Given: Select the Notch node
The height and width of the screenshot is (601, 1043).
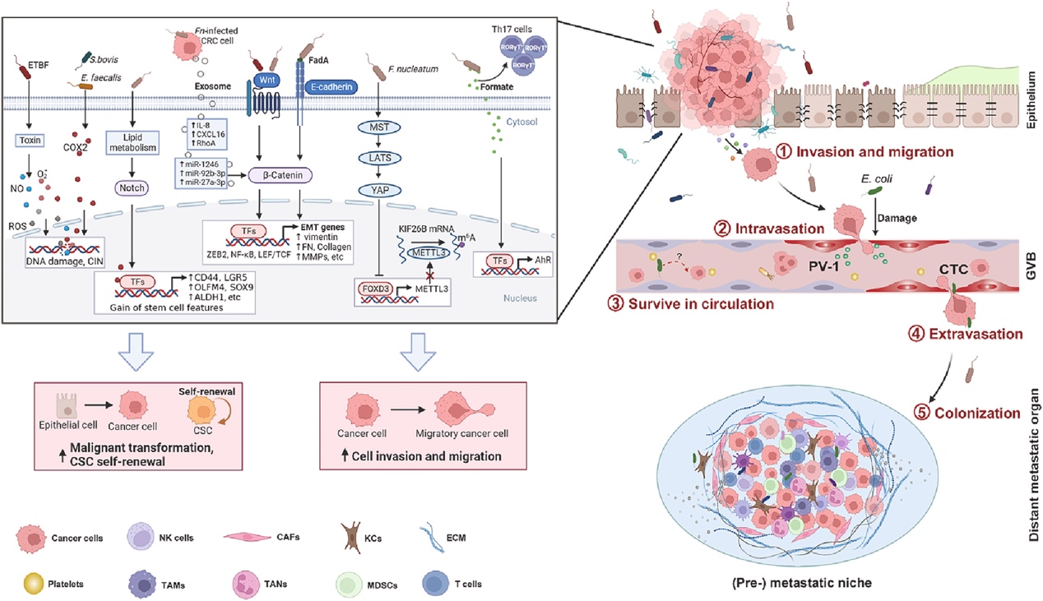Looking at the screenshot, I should tap(132, 188).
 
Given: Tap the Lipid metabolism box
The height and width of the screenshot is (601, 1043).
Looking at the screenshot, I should tap(132, 141).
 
